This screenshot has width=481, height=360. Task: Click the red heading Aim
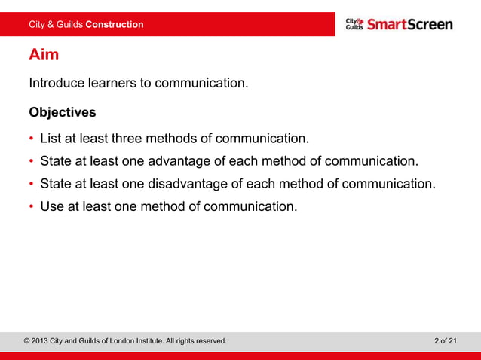tap(44, 55)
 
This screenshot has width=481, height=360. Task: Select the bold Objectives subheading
tap(63, 113)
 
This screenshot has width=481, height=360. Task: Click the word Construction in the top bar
tap(114, 25)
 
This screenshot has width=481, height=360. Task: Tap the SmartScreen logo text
tap(410, 24)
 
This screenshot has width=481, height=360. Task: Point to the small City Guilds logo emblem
tap(354, 24)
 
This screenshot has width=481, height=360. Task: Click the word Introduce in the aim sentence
tap(57, 83)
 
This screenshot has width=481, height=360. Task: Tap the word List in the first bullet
tap(51, 139)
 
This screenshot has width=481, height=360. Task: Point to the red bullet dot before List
tap(32, 140)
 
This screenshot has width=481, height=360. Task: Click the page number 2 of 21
tap(446, 341)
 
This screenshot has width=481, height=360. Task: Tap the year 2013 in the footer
tap(44, 341)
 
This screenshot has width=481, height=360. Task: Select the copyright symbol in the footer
tap(28, 341)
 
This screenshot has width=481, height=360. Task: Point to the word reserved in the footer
tap(208, 341)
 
